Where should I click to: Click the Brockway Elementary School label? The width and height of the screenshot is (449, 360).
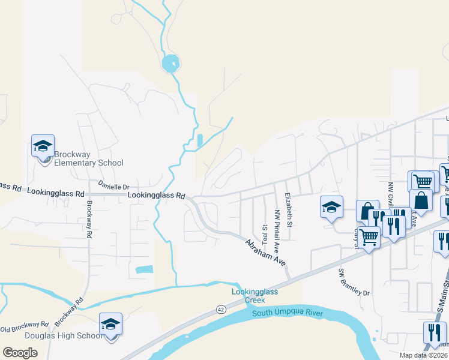[x=89, y=158]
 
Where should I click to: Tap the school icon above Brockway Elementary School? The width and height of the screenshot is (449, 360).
[x=43, y=146]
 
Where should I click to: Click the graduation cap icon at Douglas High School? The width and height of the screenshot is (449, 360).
[x=110, y=324]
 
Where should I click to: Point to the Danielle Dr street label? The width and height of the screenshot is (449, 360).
[x=113, y=187]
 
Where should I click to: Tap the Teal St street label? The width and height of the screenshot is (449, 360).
[x=264, y=230]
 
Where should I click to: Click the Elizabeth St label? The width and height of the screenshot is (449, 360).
[x=288, y=210]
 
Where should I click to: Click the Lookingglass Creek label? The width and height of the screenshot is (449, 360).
[x=256, y=296]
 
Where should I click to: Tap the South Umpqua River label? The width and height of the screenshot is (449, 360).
[x=288, y=313]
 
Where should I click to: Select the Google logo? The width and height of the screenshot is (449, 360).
[x=20, y=353]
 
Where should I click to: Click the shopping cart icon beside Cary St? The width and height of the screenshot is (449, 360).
[x=369, y=238]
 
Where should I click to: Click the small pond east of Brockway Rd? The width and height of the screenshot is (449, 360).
[x=144, y=269]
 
